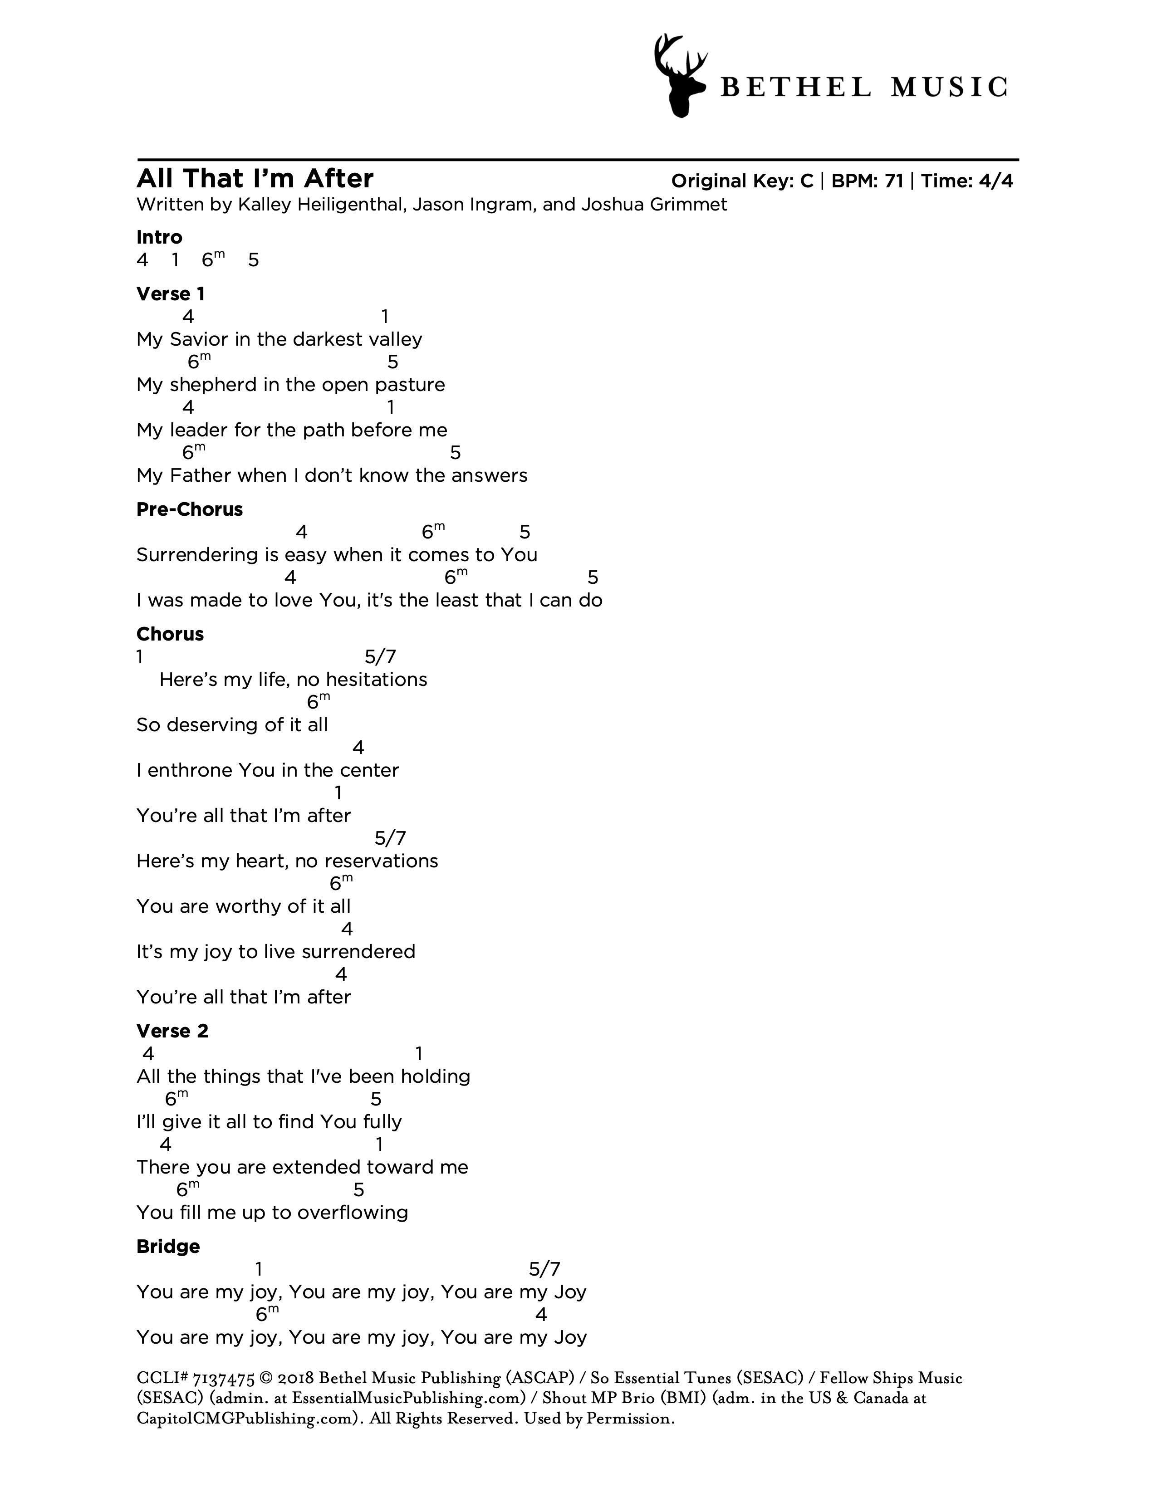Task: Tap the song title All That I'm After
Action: (255, 179)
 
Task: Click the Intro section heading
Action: (159, 237)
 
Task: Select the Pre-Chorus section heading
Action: (189, 509)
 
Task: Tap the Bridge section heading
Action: (168, 1246)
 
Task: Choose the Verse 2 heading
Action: (172, 1031)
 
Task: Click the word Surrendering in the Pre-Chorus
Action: (197, 555)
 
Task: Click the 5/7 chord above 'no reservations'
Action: (390, 837)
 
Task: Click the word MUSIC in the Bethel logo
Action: (949, 88)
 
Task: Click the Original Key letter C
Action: (806, 181)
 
